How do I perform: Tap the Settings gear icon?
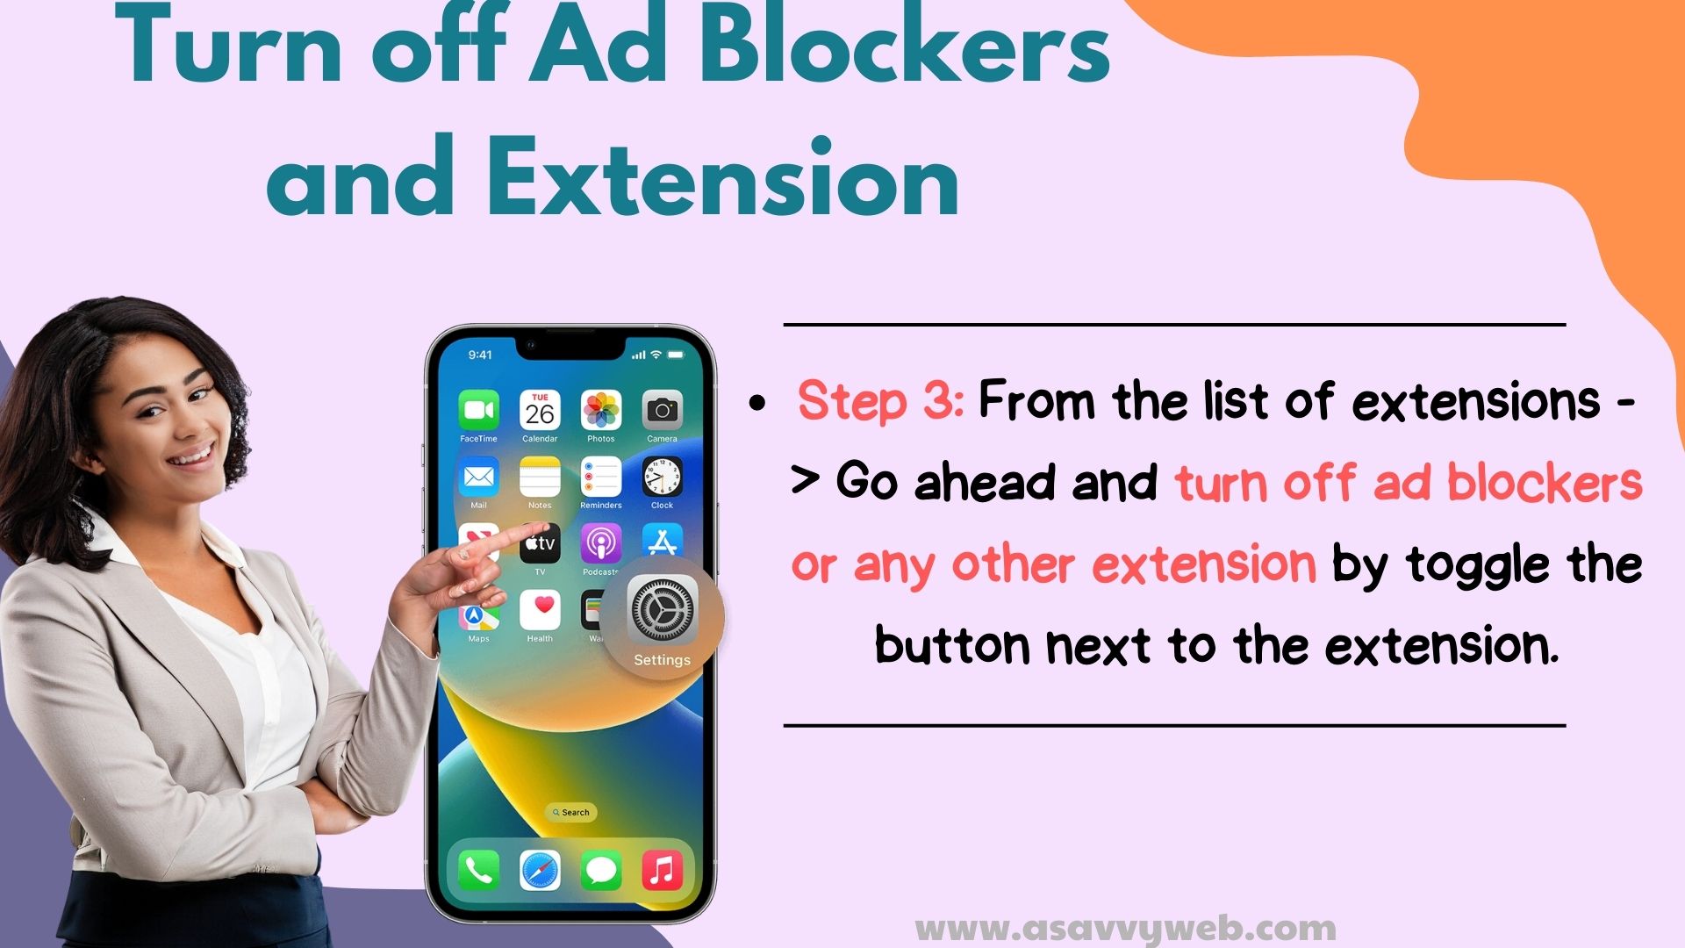point(663,610)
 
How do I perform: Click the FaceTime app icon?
point(478,410)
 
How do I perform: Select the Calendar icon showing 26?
point(540,410)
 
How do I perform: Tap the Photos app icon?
point(601,410)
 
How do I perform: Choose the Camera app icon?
point(663,410)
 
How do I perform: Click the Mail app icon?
point(478,477)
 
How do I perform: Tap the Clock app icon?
point(663,477)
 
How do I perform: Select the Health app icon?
point(540,610)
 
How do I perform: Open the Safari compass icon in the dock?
point(540,871)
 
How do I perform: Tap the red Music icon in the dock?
point(663,871)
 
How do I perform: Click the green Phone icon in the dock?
point(478,871)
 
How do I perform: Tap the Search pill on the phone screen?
point(571,813)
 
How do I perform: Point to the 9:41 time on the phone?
point(480,355)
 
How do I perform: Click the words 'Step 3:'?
point(880,401)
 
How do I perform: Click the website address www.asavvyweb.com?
point(1126,928)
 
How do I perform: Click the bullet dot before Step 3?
point(757,405)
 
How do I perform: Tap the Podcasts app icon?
point(601,543)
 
